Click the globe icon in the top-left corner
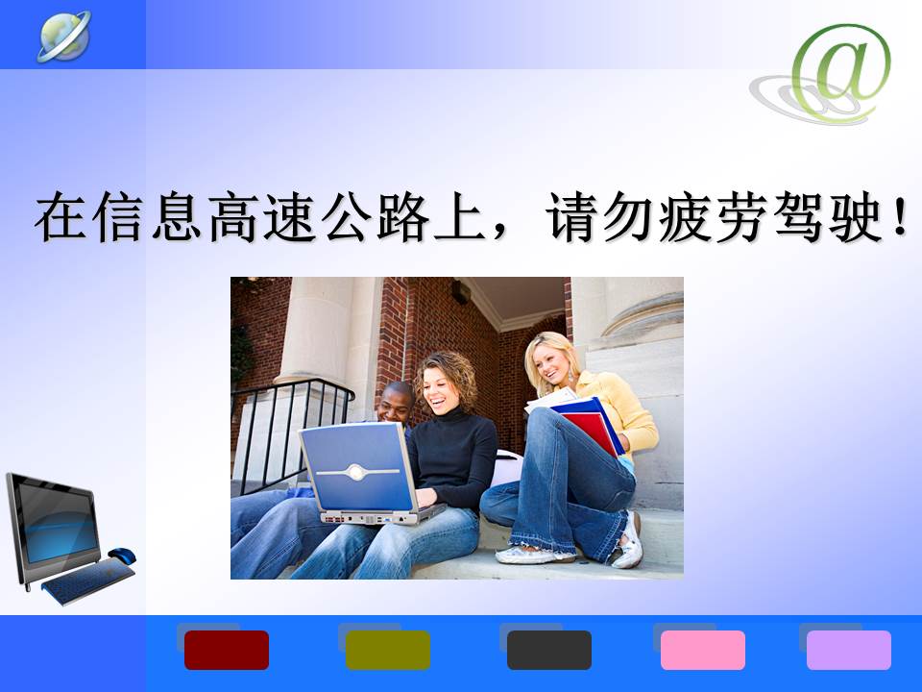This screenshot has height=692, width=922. [64, 36]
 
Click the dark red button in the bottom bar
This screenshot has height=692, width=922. [227, 650]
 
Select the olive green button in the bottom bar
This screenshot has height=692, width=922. [387, 650]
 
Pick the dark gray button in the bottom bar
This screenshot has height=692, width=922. [549, 650]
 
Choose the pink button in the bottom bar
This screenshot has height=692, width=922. [703, 650]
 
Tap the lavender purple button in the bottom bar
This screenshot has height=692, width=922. [848, 650]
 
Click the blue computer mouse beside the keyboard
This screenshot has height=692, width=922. [122, 555]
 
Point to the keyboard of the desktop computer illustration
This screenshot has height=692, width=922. [88, 581]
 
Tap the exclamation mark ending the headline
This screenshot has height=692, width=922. [900, 215]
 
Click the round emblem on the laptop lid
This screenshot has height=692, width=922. [355, 472]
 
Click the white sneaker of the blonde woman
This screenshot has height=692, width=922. [628, 540]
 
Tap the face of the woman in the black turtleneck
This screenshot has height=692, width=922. [441, 390]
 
